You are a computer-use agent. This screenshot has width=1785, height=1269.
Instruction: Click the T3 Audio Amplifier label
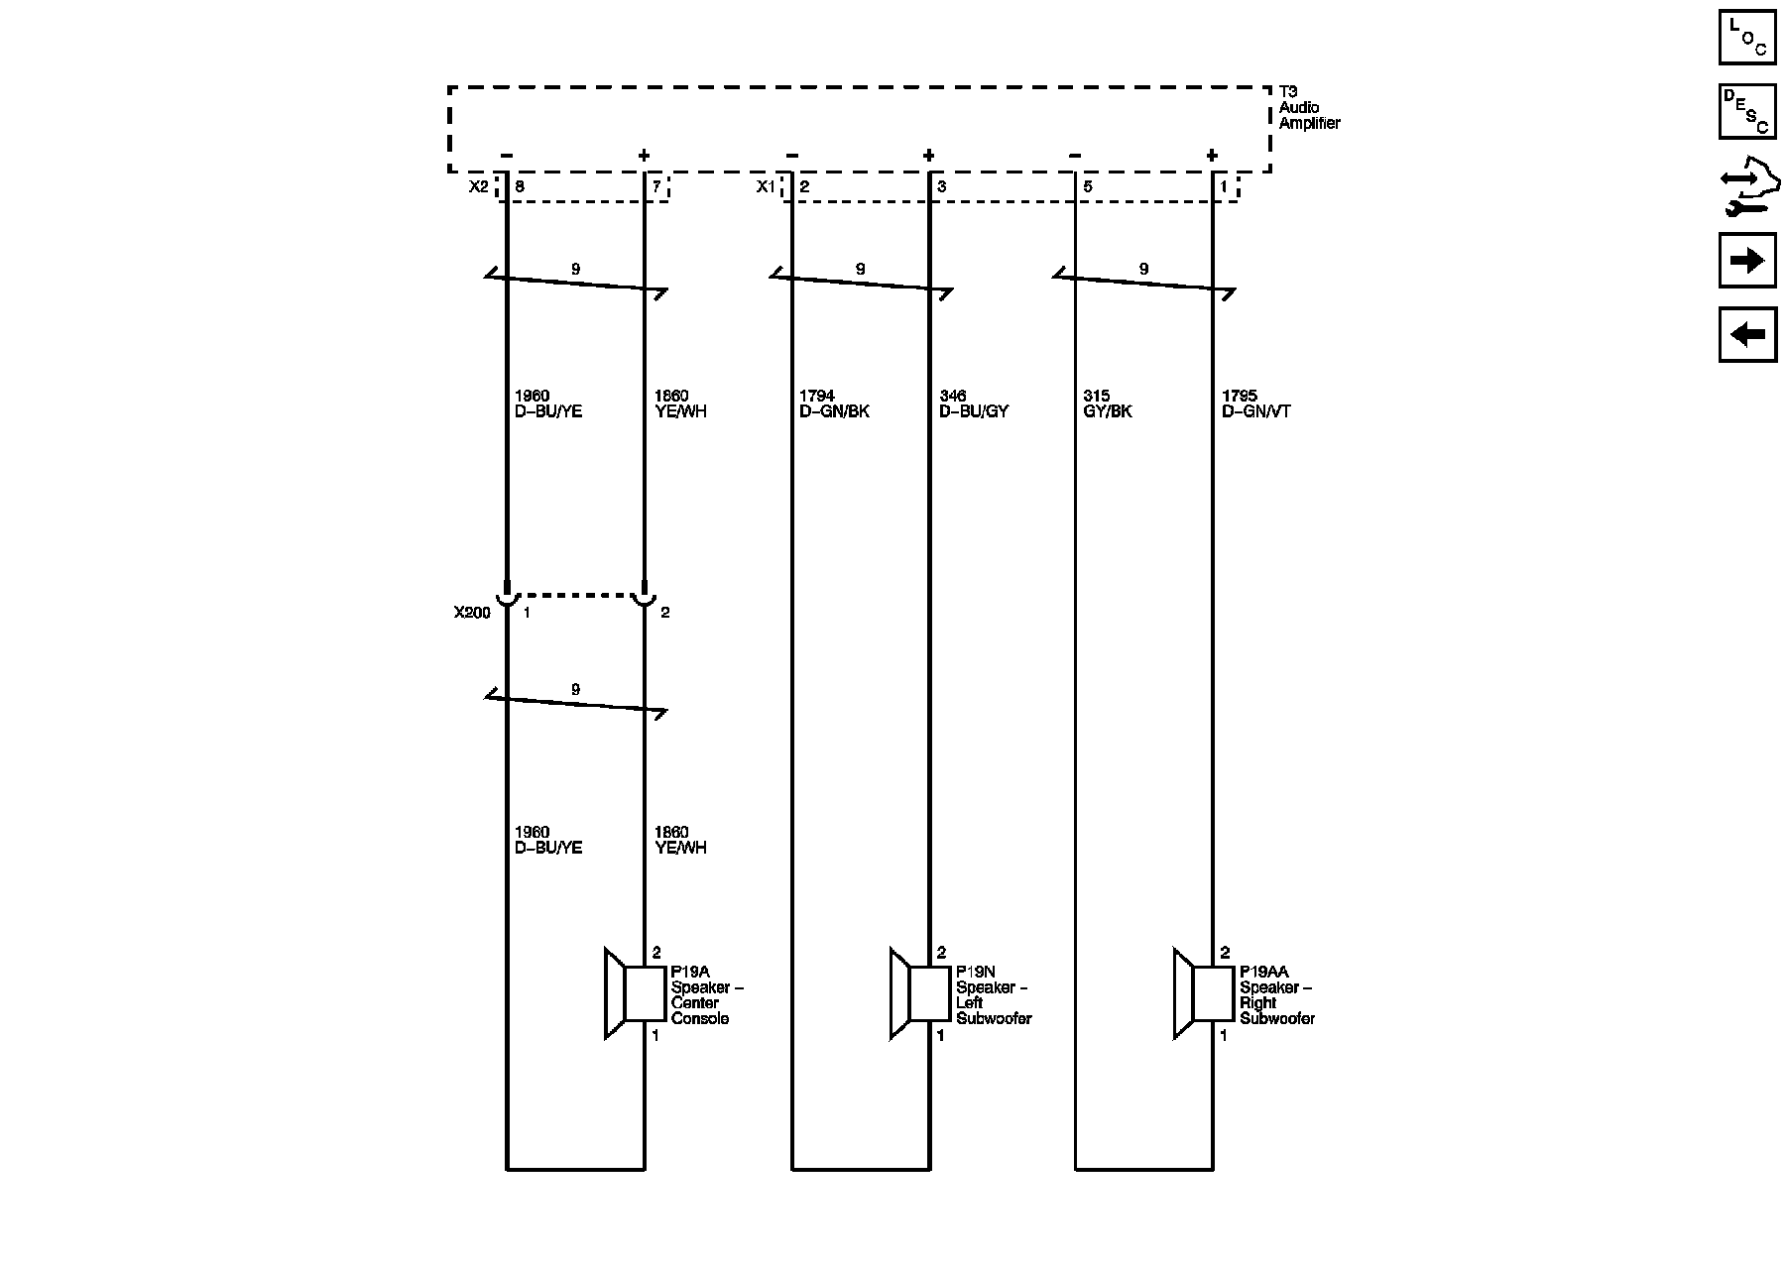pos(1308,107)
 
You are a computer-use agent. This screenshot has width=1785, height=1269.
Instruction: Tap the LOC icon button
pos(1747,37)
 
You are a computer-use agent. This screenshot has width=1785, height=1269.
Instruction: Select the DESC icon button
pos(1747,111)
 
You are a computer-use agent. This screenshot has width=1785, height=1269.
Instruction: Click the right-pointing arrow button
pos(1747,261)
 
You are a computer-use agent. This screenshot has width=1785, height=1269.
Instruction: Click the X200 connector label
pos(472,613)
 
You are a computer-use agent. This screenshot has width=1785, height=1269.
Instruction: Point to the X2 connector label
pos(479,186)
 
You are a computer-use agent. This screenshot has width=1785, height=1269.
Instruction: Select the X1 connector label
pos(766,186)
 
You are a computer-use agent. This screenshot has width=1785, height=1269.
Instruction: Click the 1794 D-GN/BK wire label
pos(834,404)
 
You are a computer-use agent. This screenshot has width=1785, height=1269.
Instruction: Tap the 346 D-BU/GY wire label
pos(973,404)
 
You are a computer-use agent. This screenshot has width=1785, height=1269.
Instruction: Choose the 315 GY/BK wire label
pos(1108,404)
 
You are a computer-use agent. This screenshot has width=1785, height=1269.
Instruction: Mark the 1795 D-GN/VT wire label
pos(1255,404)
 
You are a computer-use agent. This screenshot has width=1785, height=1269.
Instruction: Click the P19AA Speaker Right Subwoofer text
pos(1277,995)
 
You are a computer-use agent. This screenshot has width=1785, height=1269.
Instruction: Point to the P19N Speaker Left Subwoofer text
pos(994,995)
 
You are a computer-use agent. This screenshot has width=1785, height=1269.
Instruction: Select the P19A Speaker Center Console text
pos(707,995)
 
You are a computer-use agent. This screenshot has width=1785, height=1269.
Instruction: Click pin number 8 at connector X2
pos(520,186)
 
